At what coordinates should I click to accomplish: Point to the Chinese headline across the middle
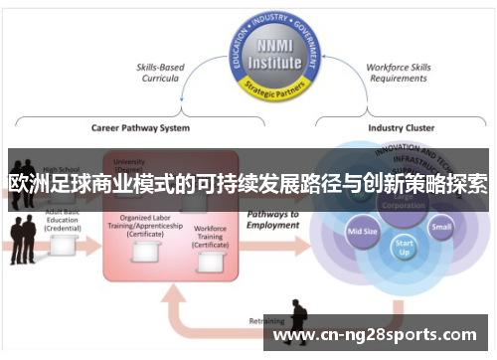(x=248, y=184)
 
